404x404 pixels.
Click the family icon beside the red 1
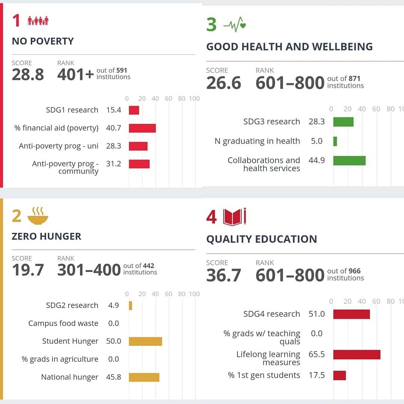[x=38, y=21]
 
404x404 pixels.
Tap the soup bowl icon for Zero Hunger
[x=38, y=216]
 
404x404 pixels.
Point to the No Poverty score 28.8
[x=28, y=74]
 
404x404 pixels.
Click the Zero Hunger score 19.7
[x=28, y=270]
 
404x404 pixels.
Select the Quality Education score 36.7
[x=223, y=275]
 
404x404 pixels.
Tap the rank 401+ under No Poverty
[x=75, y=74]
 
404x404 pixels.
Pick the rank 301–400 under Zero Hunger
[x=89, y=270]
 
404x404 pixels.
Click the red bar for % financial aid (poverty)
[x=142, y=128]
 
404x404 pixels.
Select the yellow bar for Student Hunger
[x=145, y=341]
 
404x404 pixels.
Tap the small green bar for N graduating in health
[x=335, y=141]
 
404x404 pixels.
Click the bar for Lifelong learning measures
[x=356, y=354]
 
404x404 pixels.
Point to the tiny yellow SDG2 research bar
[x=131, y=305]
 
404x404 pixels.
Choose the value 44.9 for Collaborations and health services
[x=316, y=160]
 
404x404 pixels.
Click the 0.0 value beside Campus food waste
[x=113, y=323]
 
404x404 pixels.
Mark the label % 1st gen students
[x=264, y=375]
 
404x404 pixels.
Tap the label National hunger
[x=70, y=377]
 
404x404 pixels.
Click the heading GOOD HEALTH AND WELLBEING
[x=289, y=47]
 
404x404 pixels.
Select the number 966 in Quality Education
[x=354, y=271]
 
